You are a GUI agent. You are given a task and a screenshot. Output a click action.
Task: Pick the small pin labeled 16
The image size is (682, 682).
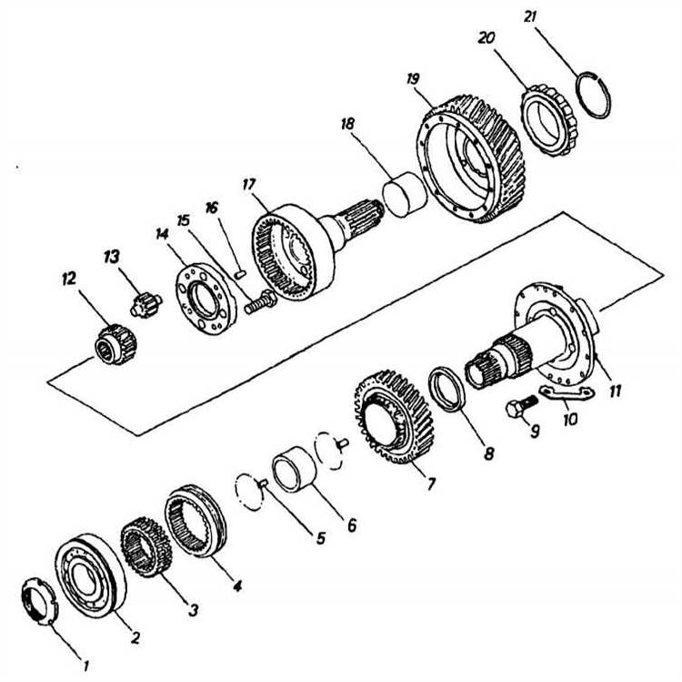(x=238, y=270)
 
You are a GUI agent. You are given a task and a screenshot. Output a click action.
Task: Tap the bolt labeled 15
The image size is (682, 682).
(x=258, y=302)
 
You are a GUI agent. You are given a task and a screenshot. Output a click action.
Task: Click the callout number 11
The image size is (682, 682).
(x=616, y=392)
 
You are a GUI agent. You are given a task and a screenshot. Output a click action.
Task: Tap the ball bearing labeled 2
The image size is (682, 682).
(x=91, y=576)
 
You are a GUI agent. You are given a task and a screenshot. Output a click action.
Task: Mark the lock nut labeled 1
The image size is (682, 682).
(x=39, y=604)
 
